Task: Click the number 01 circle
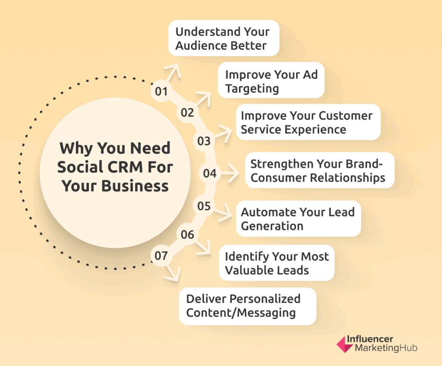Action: (x=161, y=91)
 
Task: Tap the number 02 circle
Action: (x=187, y=113)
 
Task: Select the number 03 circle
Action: (x=204, y=141)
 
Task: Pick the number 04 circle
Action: (x=210, y=173)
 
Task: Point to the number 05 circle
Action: (x=204, y=206)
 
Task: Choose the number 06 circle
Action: (x=187, y=234)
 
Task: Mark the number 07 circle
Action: (x=161, y=256)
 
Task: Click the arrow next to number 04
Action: (x=230, y=173)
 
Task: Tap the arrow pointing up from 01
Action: (x=173, y=73)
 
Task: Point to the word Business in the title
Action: (x=135, y=186)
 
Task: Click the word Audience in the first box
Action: (x=197, y=45)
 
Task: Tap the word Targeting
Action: (x=252, y=89)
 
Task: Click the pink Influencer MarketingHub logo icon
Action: (x=344, y=344)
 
